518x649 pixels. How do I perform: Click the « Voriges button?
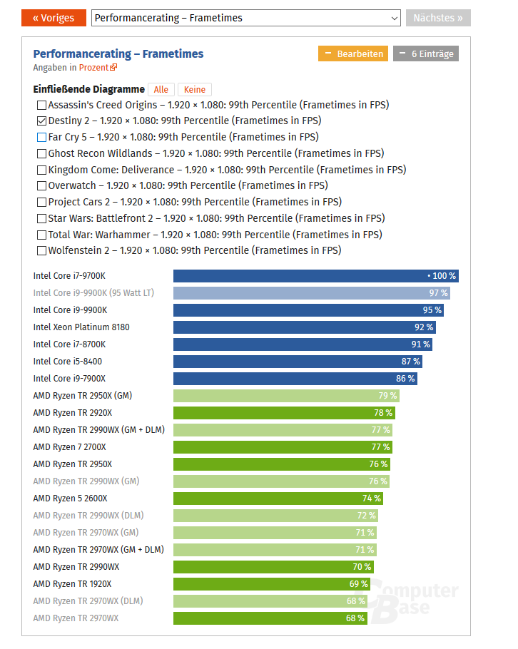tap(54, 18)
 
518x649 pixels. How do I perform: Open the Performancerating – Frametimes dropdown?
tap(245, 18)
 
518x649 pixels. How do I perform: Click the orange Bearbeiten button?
tap(352, 53)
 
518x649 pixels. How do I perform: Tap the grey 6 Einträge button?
tap(425, 53)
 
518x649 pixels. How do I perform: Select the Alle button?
tap(161, 89)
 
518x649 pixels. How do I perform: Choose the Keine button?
tap(194, 89)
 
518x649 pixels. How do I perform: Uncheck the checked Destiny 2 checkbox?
tap(41, 121)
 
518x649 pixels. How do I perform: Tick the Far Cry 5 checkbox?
tap(41, 137)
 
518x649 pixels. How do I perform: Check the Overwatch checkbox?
tap(41, 185)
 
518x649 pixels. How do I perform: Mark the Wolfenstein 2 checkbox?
tap(41, 250)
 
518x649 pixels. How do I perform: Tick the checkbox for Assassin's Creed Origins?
tap(41, 105)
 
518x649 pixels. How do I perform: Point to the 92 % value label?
tap(424, 327)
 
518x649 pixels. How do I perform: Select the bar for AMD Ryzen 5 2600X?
tap(278, 499)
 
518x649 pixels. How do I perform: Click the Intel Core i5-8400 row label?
tap(67, 362)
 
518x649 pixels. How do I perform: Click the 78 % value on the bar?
tap(383, 413)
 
